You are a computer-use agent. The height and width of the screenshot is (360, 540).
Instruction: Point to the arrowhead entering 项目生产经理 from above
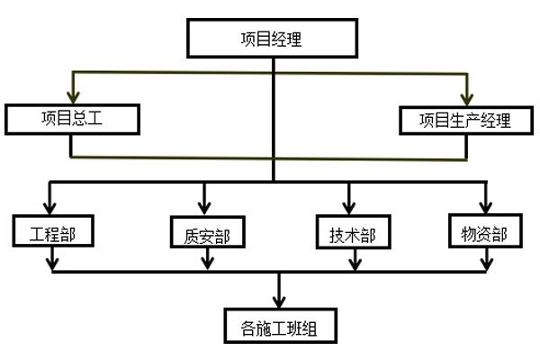click(466, 98)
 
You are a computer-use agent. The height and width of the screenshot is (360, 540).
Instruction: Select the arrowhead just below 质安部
click(208, 263)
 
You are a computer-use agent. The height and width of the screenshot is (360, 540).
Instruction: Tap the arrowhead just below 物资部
click(486, 263)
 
